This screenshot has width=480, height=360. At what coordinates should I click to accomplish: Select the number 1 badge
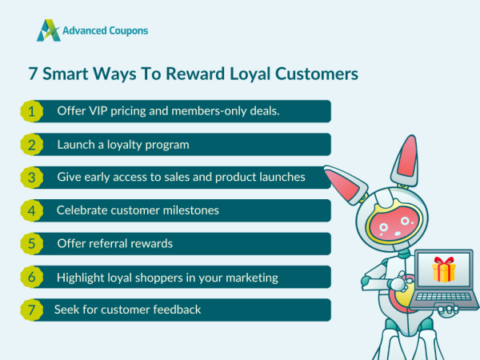(31, 111)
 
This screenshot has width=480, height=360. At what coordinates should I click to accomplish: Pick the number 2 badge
(31, 145)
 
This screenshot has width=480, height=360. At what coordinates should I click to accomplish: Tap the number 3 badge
(31, 178)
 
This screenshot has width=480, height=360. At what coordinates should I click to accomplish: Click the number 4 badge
(31, 211)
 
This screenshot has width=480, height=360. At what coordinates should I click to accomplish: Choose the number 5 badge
(31, 244)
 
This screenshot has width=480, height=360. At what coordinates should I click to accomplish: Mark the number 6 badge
(31, 278)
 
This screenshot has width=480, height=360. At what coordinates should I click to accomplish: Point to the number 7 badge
(31, 310)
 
